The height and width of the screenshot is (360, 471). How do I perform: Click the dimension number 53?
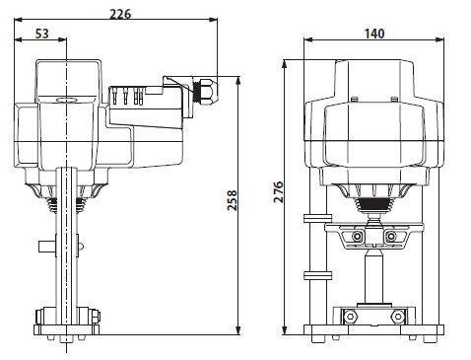pyautogui.click(x=42, y=34)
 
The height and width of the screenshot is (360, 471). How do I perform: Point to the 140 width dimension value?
pyautogui.click(x=373, y=34)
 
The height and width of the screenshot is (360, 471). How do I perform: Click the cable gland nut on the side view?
pyautogui.click(x=204, y=90)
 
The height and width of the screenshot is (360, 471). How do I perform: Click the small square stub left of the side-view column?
pyautogui.click(x=45, y=245)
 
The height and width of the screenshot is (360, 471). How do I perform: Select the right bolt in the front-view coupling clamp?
pyautogui.click(x=391, y=237)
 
